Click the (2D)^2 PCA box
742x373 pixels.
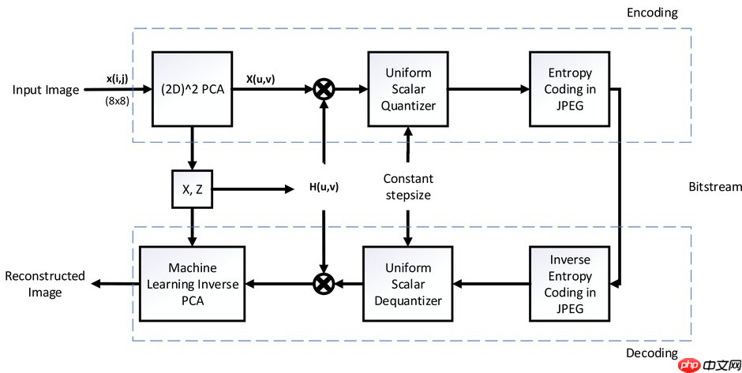192,89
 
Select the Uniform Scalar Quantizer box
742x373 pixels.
407,89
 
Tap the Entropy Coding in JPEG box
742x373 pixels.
568,89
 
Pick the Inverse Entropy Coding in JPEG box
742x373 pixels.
568,284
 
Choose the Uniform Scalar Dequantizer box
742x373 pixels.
407,284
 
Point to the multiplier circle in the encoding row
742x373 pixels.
323,90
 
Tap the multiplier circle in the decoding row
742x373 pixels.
323,284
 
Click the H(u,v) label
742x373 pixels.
323,188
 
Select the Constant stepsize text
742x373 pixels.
407,187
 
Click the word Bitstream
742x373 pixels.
715,187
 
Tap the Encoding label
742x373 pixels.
651,13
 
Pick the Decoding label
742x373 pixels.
651,352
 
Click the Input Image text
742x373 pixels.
46,90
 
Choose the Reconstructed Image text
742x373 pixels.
44,284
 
